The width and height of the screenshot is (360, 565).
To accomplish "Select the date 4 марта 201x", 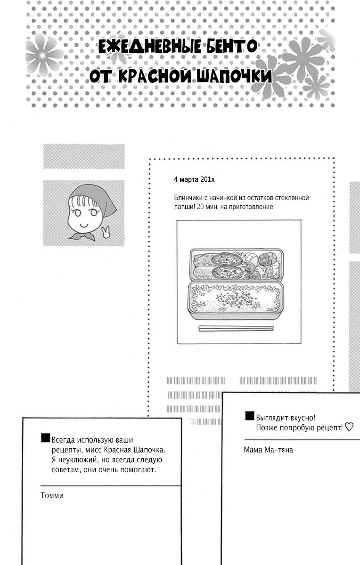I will [x=194, y=179].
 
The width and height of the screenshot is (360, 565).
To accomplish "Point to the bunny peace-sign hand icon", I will [x=106, y=232].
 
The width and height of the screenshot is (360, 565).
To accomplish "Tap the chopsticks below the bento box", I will [x=236, y=328].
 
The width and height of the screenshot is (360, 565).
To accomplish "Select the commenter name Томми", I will [x=52, y=495].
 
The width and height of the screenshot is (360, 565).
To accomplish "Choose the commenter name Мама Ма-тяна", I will [x=269, y=450].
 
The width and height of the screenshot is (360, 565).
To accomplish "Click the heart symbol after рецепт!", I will [x=349, y=428].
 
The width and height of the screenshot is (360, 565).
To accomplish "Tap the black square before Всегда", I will [x=45, y=438].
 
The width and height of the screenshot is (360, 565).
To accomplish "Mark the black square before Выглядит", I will [x=250, y=416].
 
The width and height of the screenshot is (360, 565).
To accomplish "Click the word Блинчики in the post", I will [x=188, y=198].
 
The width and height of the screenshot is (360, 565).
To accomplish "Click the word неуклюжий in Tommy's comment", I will [x=80, y=460].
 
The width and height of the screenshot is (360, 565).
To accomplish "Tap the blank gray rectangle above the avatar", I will [x=84, y=156].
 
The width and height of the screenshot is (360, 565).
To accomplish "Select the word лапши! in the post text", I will [x=183, y=207].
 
